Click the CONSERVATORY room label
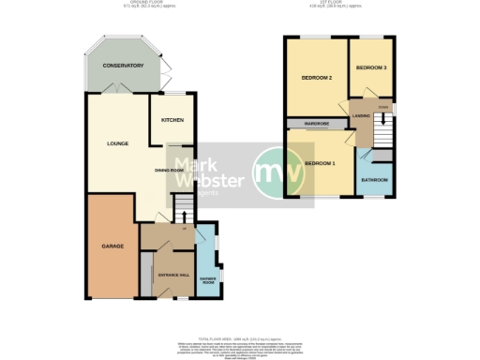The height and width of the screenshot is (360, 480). tap(123, 66)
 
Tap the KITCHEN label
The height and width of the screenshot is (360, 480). tap(172, 120)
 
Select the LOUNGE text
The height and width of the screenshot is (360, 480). tap(116, 143)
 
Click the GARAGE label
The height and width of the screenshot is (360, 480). tap(112, 246)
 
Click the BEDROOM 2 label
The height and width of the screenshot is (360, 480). tap(317, 77)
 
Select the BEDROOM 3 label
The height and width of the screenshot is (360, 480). tap(371, 67)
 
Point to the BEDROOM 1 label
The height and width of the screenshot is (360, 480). tap(320, 164)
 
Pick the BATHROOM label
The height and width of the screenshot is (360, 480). tap(375, 179)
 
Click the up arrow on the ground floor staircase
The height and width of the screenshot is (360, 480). tap(184, 215)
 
